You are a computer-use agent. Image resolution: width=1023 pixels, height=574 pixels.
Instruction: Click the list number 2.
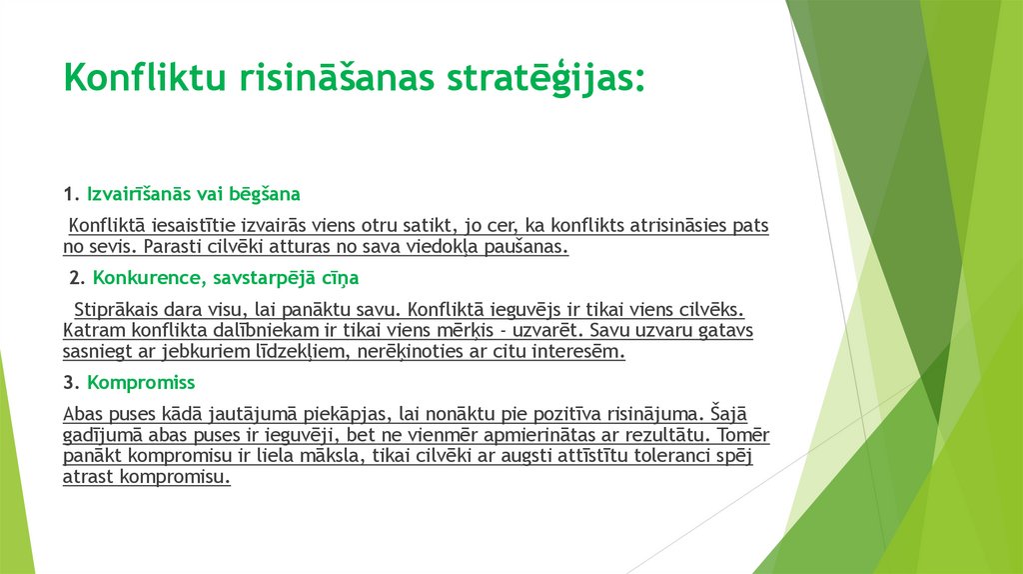(75, 277)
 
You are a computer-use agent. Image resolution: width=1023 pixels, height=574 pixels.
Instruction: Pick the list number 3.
(68, 382)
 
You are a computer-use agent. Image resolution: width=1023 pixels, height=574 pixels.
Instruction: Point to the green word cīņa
(341, 277)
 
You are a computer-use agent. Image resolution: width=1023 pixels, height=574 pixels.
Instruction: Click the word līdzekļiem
(286, 351)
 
